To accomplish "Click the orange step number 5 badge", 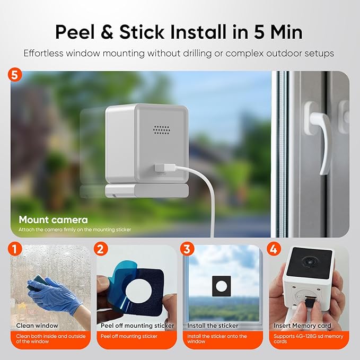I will coord(16,75).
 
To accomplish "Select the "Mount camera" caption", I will coord(54,219).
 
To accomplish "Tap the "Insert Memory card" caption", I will coord(302,326).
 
